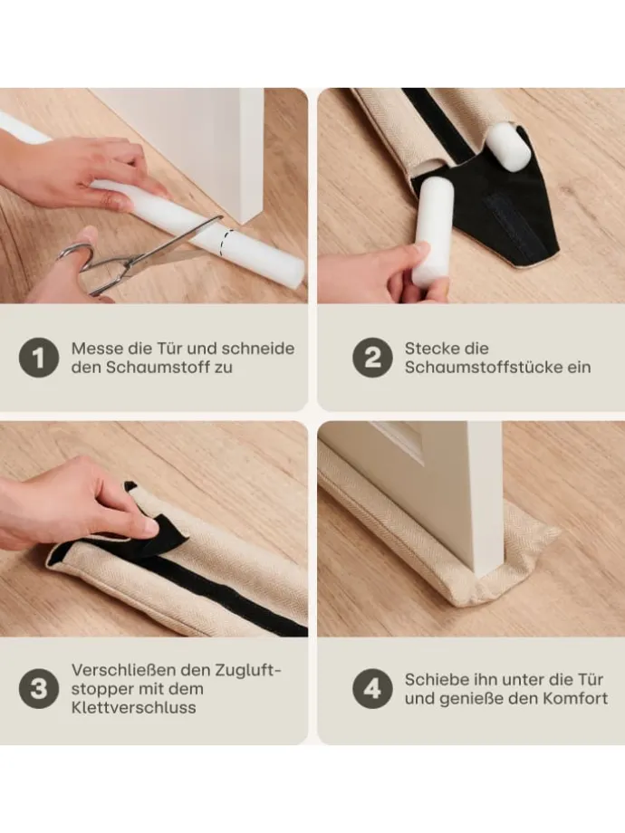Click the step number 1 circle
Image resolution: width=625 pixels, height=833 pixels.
click(38, 358)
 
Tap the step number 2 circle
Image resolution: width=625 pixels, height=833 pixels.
click(372, 358)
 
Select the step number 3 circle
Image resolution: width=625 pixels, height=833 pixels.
click(38, 688)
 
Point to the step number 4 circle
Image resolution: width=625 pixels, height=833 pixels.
click(372, 688)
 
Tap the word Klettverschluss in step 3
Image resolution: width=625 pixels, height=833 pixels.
click(134, 708)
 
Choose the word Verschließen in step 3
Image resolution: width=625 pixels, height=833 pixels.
click(126, 670)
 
